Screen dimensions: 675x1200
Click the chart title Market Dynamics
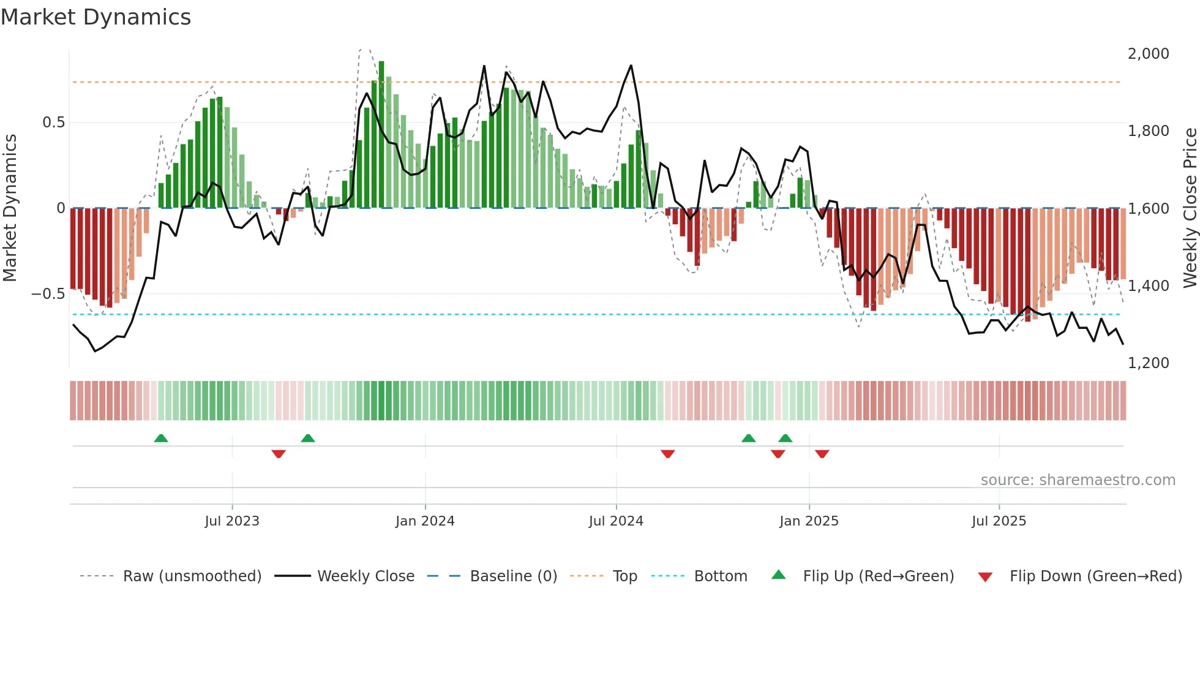(x=96, y=17)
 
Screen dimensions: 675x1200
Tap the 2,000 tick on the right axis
(x=1148, y=54)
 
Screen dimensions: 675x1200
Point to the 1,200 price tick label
(x=1148, y=363)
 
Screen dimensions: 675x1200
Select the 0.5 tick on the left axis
(x=53, y=123)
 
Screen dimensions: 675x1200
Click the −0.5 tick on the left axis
(x=48, y=294)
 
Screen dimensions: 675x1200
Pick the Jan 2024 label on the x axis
(x=425, y=521)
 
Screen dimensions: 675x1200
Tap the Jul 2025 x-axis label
(x=999, y=521)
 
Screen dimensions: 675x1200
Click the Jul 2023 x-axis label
(x=232, y=521)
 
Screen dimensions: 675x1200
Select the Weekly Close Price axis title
(x=1190, y=208)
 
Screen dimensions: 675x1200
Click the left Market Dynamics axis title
(x=10, y=208)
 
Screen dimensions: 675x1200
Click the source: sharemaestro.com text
(x=1078, y=480)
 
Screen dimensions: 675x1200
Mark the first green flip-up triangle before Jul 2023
(x=161, y=439)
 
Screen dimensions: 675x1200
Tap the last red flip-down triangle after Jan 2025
(x=822, y=454)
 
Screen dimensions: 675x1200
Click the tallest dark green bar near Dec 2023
(x=381, y=135)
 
